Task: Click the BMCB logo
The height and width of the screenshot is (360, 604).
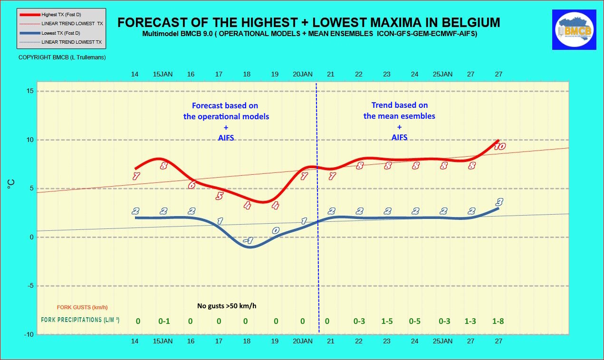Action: (574, 29)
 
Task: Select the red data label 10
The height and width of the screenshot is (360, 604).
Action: (499, 146)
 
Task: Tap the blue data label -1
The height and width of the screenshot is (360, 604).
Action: (249, 240)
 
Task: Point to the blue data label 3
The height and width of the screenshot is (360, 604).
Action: (499, 202)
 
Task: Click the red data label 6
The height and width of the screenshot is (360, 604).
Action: (192, 185)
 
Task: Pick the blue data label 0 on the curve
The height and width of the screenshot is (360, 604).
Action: (276, 230)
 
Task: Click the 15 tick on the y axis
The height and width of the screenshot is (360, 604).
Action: (30, 91)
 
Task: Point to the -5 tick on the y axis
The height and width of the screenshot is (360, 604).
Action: (30, 285)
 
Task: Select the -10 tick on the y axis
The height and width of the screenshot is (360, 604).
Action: (29, 334)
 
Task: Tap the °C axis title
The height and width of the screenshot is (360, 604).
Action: (11, 184)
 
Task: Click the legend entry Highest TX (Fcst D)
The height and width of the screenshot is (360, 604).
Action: (61, 15)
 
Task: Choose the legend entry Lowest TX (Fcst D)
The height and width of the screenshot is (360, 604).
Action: (61, 33)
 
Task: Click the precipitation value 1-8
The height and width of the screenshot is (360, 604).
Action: (498, 321)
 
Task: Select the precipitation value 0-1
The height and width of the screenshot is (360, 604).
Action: (164, 321)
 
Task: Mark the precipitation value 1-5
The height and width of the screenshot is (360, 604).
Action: (387, 321)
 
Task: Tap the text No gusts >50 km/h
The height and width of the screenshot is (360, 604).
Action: (227, 306)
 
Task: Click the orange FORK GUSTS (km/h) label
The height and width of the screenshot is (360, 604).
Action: (82, 307)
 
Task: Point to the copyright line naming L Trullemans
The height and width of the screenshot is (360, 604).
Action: (62, 57)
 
